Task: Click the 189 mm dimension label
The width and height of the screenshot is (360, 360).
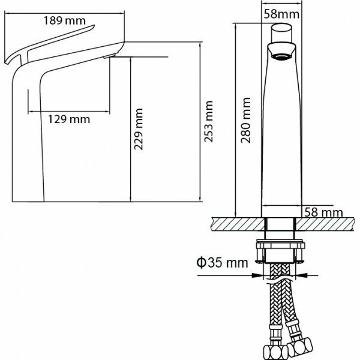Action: [x=64, y=20]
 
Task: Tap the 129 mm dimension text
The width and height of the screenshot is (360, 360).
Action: [x=69, y=119]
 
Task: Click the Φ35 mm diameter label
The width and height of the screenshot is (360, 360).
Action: [x=221, y=262]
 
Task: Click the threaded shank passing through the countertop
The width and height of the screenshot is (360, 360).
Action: [x=281, y=227]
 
